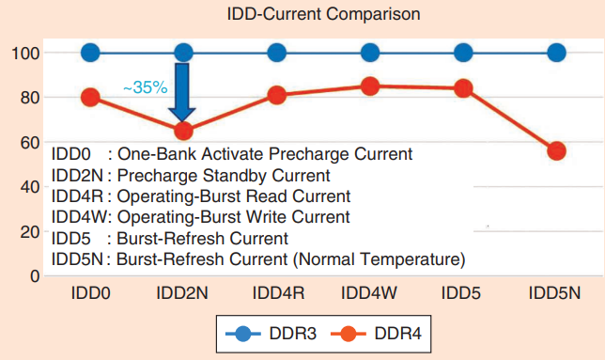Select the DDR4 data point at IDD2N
(x=184, y=131)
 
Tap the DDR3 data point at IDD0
(x=90, y=53)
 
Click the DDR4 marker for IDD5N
(x=556, y=150)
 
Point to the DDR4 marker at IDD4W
(x=370, y=86)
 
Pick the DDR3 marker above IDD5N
(x=556, y=53)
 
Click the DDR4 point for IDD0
(x=90, y=97)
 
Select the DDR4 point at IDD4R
(x=277, y=95)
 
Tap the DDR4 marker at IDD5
(x=463, y=88)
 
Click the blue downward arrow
(x=184, y=90)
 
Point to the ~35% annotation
(x=145, y=87)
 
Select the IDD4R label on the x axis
(x=277, y=294)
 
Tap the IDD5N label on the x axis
(x=555, y=294)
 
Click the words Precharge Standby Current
(x=224, y=175)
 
